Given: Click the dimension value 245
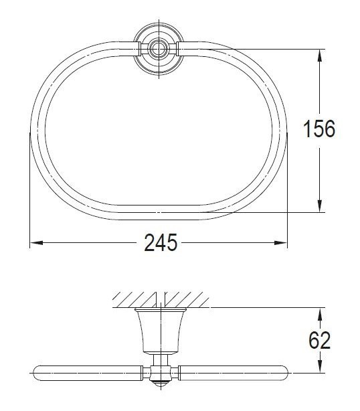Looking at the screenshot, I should pos(161,243).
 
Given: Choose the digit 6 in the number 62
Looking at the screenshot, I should pos(313,341).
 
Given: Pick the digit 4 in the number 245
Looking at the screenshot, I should pos(161,243).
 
